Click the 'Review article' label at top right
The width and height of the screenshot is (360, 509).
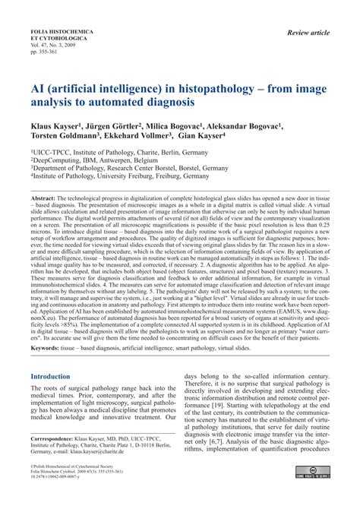(313, 33)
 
